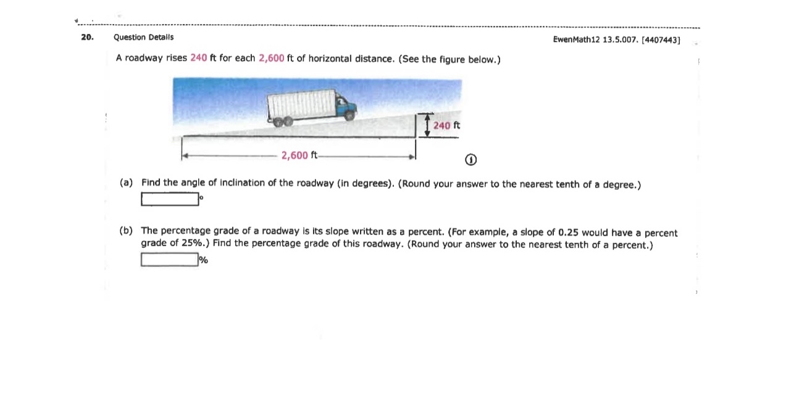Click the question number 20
tap(86, 37)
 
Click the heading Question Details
tap(143, 37)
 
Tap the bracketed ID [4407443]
tap(661, 39)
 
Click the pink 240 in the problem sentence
tap(198, 58)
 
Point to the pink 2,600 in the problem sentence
tap(271, 58)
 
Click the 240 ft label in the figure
tap(446, 125)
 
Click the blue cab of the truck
tap(346, 106)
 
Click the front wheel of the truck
tap(350, 115)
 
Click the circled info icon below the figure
tap(470, 160)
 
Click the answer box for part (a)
tap(170, 199)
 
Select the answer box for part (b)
tap(169, 260)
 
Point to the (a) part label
tap(126, 183)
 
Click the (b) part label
tap(126, 231)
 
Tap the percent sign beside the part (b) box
tap(203, 260)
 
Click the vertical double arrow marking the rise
tap(427, 125)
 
